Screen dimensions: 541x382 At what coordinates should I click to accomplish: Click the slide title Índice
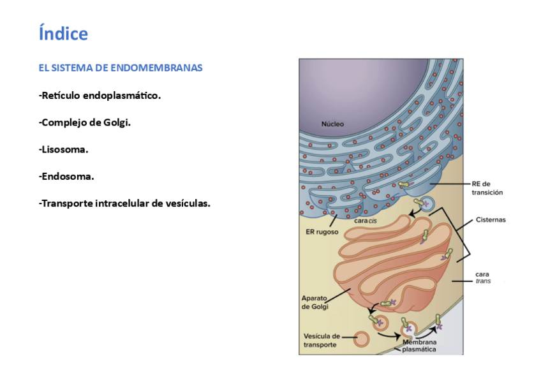63,33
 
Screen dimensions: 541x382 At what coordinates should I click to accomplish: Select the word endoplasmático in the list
122,96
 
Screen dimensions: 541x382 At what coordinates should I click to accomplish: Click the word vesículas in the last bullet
185,203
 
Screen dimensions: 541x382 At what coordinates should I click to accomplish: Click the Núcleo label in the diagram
332,124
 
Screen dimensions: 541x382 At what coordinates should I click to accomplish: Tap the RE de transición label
487,187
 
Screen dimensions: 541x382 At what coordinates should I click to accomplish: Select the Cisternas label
490,219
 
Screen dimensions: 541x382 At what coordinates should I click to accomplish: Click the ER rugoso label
322,232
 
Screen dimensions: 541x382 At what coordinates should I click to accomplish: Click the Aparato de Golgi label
316,302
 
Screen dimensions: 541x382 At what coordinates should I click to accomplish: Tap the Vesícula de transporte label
321,341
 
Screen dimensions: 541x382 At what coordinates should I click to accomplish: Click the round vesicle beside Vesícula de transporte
361,339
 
